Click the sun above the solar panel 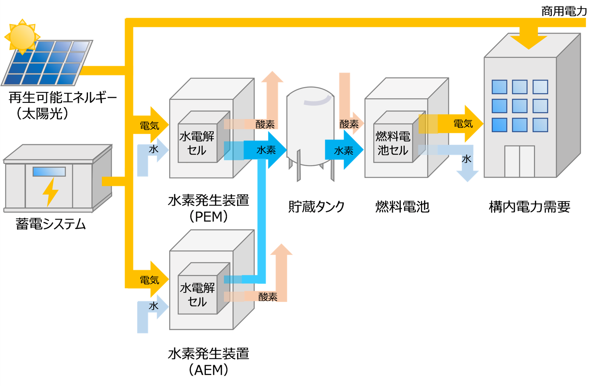click(x=22, y=37)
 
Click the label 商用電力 click(x=564, y=11)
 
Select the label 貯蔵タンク click(x=316, y=206)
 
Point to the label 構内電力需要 click(x=529, y=206)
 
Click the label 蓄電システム click(x=51, y=224)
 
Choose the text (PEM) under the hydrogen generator click(x=209, y=217)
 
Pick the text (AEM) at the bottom click(x=209, y=370)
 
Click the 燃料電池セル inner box click(x=393, y=143)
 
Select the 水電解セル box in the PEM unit click(x=197, y=143)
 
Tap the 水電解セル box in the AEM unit click(x=197, y=294)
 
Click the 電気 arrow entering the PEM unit click(x=150, y=125)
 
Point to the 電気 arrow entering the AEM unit click(x=150, y=280)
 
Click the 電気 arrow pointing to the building click(x=463, y=124)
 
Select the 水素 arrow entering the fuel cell click(x=344, y=150)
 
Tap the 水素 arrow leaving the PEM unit click(x=266, y=150)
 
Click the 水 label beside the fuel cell click(x=467, y=159)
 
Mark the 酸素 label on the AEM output click(x=268, y=297)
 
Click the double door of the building click(x=519, y=161)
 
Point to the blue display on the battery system click(x=49, y=171)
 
